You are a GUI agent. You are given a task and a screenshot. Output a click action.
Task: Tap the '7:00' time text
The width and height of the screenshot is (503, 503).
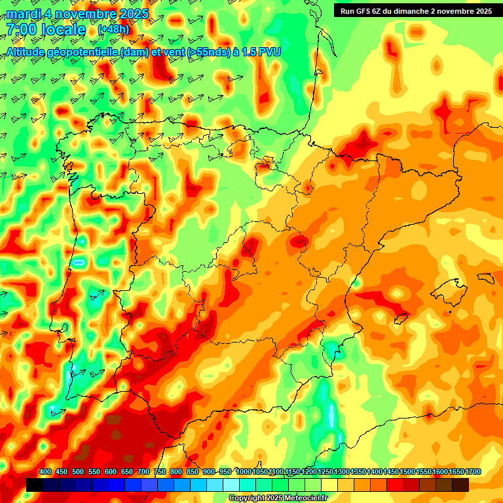pyautogui.click(x=20, y=29)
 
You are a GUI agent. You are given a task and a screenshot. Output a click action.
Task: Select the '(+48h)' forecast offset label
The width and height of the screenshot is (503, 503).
pyautogui.click(x=113, y=29)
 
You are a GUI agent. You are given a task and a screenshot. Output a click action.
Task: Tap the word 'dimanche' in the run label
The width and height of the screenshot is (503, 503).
pyautogui.click(x=416, y=10)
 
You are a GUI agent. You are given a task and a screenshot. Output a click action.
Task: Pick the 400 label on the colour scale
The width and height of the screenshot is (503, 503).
pyautogui.click(x=45, y=472)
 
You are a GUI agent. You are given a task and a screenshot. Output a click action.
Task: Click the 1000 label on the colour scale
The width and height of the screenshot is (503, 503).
pyautogui.click(x=243, y=472)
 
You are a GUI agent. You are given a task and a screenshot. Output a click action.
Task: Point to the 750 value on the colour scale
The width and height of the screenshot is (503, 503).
pyautogui.click(x=160, y=472)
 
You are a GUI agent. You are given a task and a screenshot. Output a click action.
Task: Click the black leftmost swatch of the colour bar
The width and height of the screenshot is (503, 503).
pyautogui.click(x=35, y=485)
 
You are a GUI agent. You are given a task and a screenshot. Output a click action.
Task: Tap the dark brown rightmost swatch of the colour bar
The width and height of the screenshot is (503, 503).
pyautogui.click(x=460, y=485)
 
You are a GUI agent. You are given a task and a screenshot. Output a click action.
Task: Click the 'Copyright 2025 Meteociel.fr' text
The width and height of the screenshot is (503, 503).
pyautogui.click(x=277, y=498)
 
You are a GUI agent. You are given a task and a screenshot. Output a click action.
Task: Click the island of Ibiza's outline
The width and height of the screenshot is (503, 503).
pyautogui.click(x=400, y=319)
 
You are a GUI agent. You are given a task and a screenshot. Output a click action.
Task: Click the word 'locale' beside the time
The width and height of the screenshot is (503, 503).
pyautogui.click(x=63, y=29)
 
